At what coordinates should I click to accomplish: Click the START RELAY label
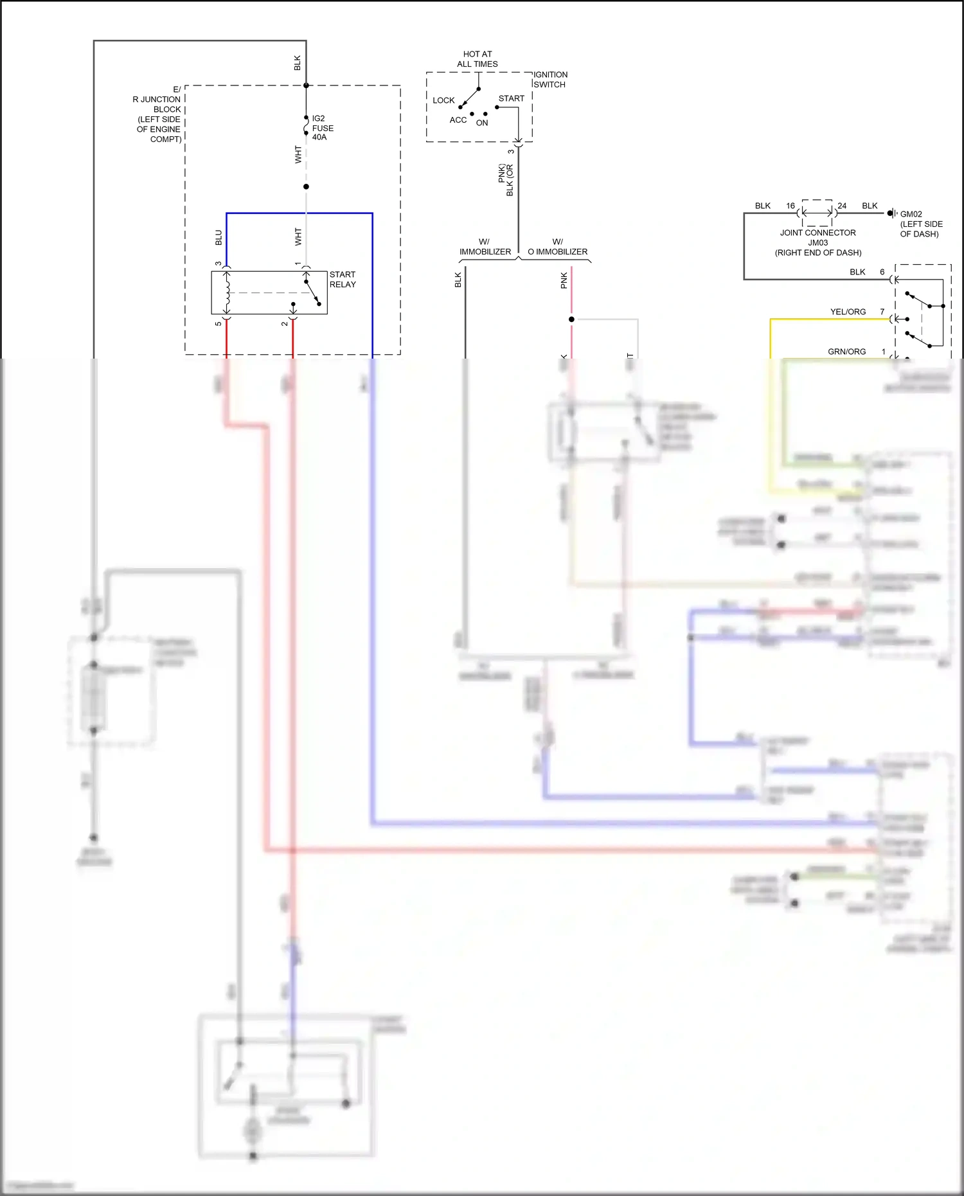pos(342,280)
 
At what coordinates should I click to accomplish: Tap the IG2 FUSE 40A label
pos(322,128)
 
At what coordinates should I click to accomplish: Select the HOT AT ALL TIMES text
pos(478,59)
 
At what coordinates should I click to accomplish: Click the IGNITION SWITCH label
pos(550,80)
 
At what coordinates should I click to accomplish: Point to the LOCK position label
pos(443,101)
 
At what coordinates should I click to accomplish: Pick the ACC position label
pos(458,120)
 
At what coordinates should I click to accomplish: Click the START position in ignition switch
pos(511,99)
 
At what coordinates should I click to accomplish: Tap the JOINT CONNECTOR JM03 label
pos(817,242)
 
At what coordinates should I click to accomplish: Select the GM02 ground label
pos(911,215)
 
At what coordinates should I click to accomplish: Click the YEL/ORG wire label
pos(848,312)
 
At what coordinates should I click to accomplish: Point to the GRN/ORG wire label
pos(846,352)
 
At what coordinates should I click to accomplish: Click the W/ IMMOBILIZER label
pos(485,247)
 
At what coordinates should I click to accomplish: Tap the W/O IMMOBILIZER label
pos(557,247)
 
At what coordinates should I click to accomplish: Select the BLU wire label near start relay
pos(219,238)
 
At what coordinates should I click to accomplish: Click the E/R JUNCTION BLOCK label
pos(158,114)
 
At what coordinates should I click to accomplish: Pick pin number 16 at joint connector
pos(790,206)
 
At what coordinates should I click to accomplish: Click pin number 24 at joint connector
pos(842,206)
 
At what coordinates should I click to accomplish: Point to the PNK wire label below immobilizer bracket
pos(564,280)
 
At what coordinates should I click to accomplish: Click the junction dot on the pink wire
pos(571,319)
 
